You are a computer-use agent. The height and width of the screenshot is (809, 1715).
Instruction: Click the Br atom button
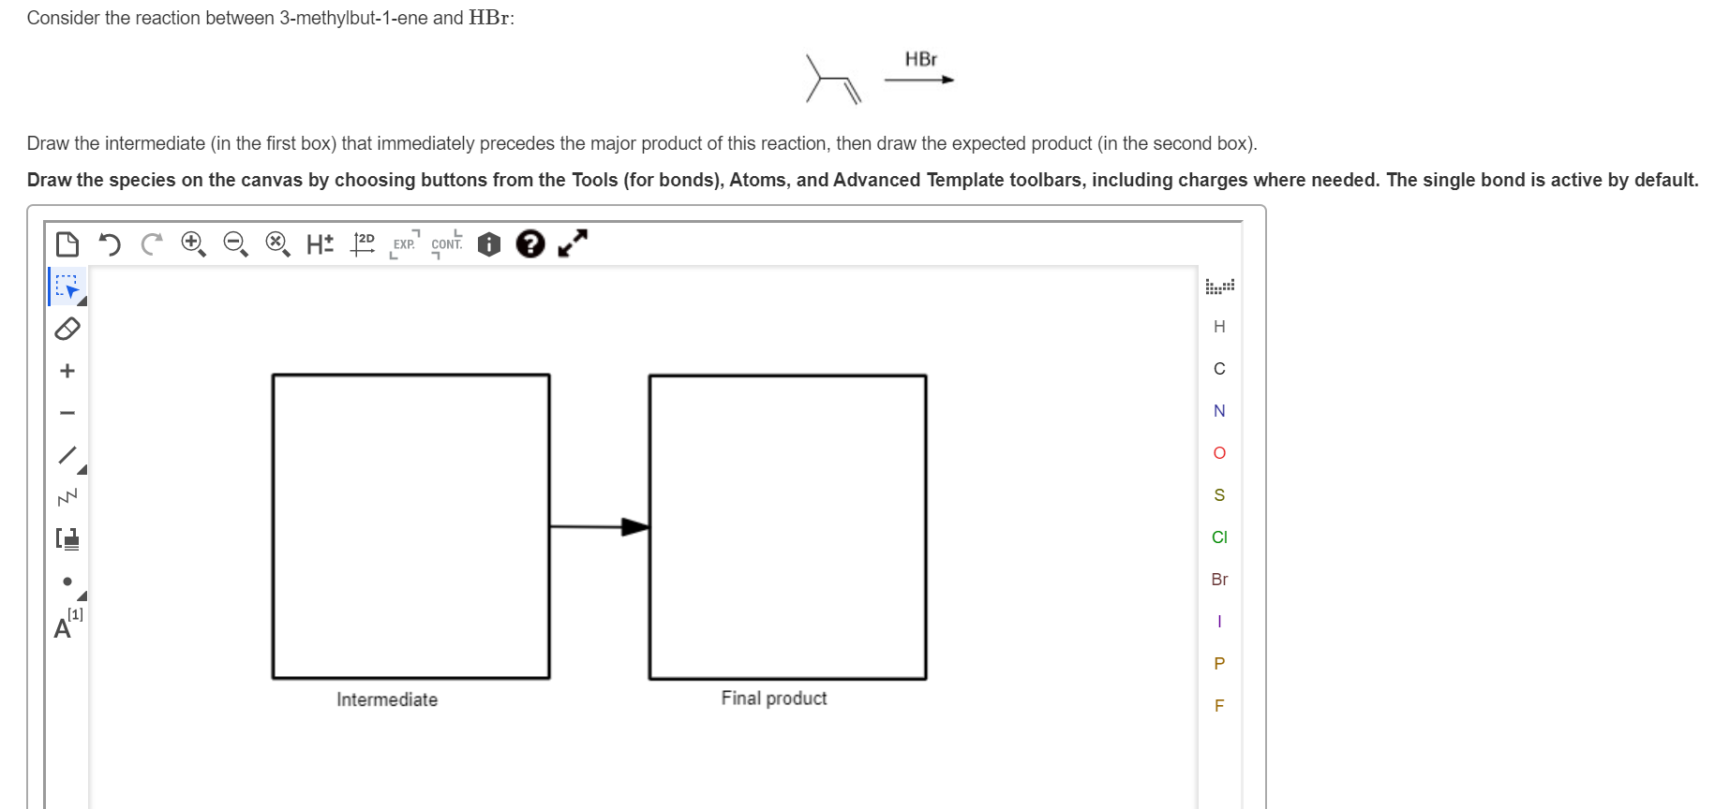tap(1218, 580)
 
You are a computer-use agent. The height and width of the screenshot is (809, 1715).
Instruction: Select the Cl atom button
tap(1218, 537)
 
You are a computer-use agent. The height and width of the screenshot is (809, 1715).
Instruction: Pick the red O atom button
tap(1218, 453)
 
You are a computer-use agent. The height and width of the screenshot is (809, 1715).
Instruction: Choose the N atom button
tap(1218, 411)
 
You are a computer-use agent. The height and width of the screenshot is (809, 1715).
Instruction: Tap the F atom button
tap(1218, 706)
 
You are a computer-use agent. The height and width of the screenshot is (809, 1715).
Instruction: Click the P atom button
tap(1218, 664)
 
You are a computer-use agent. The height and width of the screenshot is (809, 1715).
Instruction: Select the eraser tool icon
tap(67, 329)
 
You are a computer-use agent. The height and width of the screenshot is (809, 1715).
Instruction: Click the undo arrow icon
tap(110, 245)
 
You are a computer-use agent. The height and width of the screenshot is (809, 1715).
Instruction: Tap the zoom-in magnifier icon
tap(193, 244)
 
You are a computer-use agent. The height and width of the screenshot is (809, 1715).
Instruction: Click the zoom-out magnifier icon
tap(235, 244)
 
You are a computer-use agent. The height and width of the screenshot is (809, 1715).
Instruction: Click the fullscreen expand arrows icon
tap(572, 243)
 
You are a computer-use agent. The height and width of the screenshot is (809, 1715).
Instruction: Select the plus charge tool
tap(67, 371)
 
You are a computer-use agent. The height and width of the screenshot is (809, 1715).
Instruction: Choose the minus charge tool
tap(67, 413)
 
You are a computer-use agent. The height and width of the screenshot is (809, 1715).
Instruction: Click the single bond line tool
tap(67, 455)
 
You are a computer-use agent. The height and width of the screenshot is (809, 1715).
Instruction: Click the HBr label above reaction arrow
tap(920, 60)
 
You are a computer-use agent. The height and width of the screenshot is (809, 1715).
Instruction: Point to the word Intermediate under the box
tap(387, 699)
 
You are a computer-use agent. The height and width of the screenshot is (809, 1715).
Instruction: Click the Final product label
tap(774, 699)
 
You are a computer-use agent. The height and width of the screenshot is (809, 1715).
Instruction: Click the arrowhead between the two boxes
tap(634, 527)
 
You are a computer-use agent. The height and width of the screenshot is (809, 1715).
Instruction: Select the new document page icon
tap(67, 244)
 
